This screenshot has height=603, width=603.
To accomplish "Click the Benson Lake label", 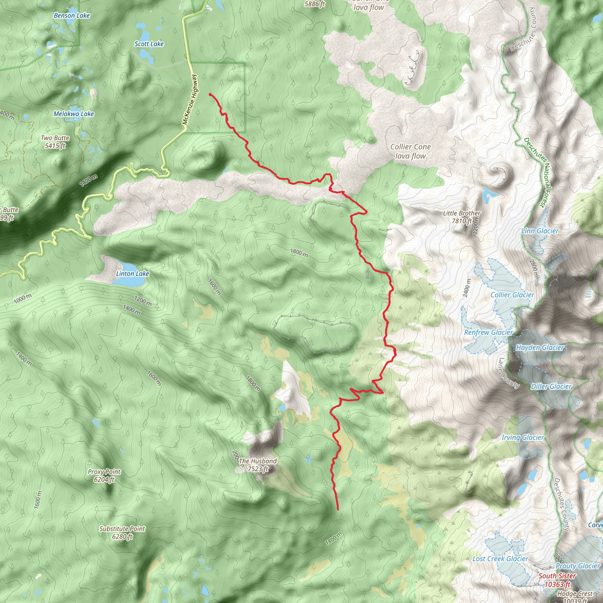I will [x=72, y=16].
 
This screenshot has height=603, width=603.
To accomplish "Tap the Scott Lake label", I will [x=149, y=44].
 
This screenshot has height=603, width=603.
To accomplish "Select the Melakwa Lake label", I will [x=74, y=114].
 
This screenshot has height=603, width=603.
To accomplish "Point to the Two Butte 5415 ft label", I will [x=55, y=142].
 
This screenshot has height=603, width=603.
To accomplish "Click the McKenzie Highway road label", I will [x=190, y=100].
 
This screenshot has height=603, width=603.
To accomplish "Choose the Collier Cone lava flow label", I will [x=410, y=151].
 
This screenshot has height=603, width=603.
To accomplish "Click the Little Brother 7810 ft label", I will [x=462, y=217].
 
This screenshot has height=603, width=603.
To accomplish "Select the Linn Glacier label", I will [x=540, y=231].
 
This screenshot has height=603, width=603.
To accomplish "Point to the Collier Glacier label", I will [x=512, y=295].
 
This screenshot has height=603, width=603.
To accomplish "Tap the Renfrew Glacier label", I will [x=488, y=332].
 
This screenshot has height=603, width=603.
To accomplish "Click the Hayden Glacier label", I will [x=540, y=348].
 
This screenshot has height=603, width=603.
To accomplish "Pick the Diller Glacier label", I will [x=551, y=386].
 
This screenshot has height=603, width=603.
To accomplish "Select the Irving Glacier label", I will [x=523, y=438].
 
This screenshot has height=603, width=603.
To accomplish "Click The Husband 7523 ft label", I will [x=258, y=465].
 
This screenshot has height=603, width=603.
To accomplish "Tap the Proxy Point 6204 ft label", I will [x=104, y=475].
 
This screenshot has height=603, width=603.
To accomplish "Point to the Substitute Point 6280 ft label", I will [x=122, y=532].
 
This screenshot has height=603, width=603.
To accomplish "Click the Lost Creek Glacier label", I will [x=500, y=559].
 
